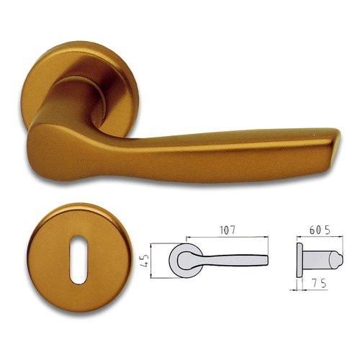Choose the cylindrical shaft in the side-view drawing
pyautogui.click(x=317, y=257)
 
